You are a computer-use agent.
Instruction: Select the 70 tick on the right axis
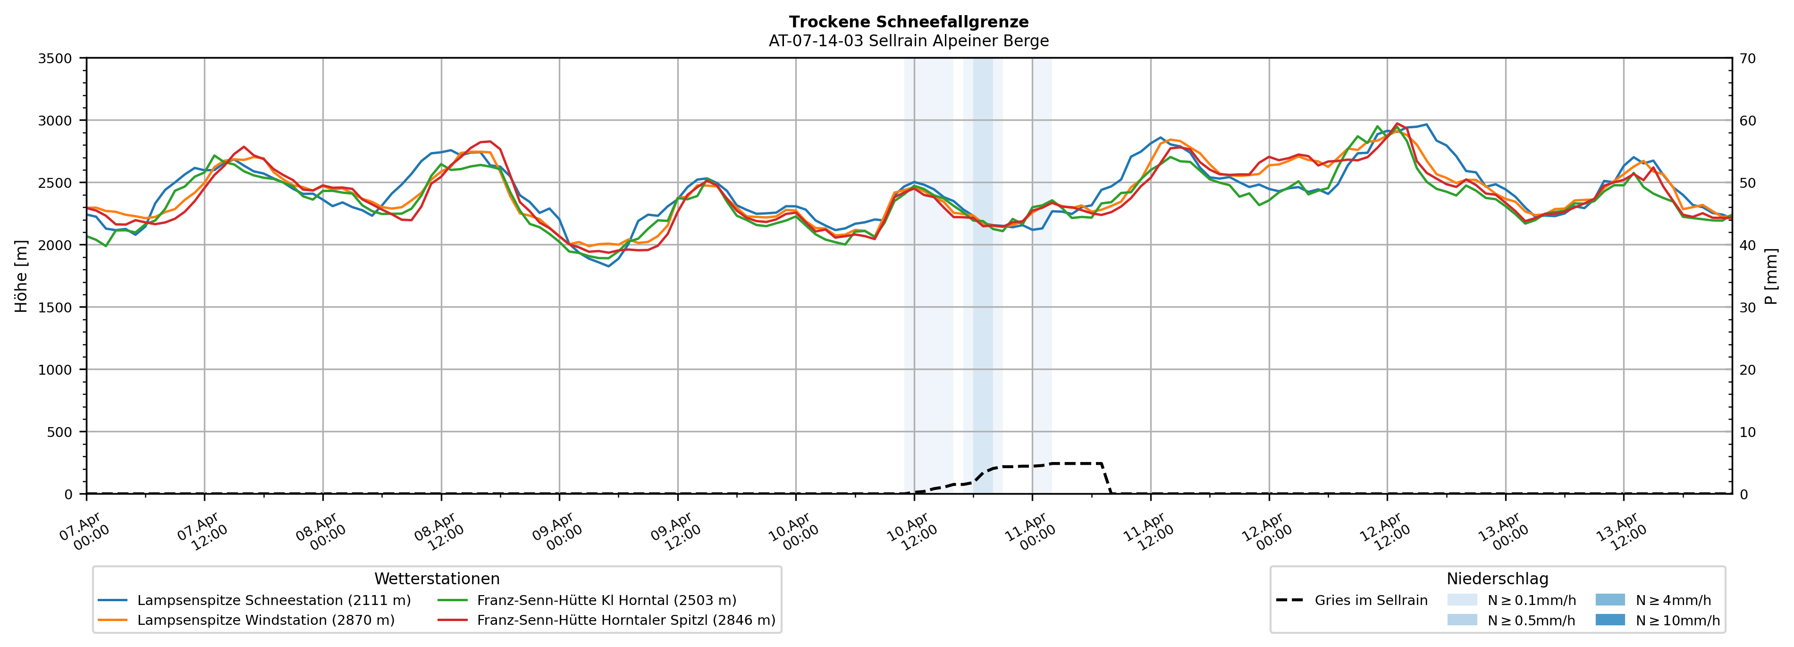coord(1747,59)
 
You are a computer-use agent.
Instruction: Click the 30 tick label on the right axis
coord(1747,308)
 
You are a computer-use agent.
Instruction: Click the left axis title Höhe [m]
coord(22,276)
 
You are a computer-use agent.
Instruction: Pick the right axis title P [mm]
coord(1771,276)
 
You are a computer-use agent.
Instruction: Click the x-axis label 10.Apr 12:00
coord(912,532)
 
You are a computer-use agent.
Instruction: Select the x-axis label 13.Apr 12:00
coord(1622,532)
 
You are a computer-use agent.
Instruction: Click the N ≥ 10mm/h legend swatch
coord(1609,620)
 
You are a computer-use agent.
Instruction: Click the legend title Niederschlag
coord(1497,579)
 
